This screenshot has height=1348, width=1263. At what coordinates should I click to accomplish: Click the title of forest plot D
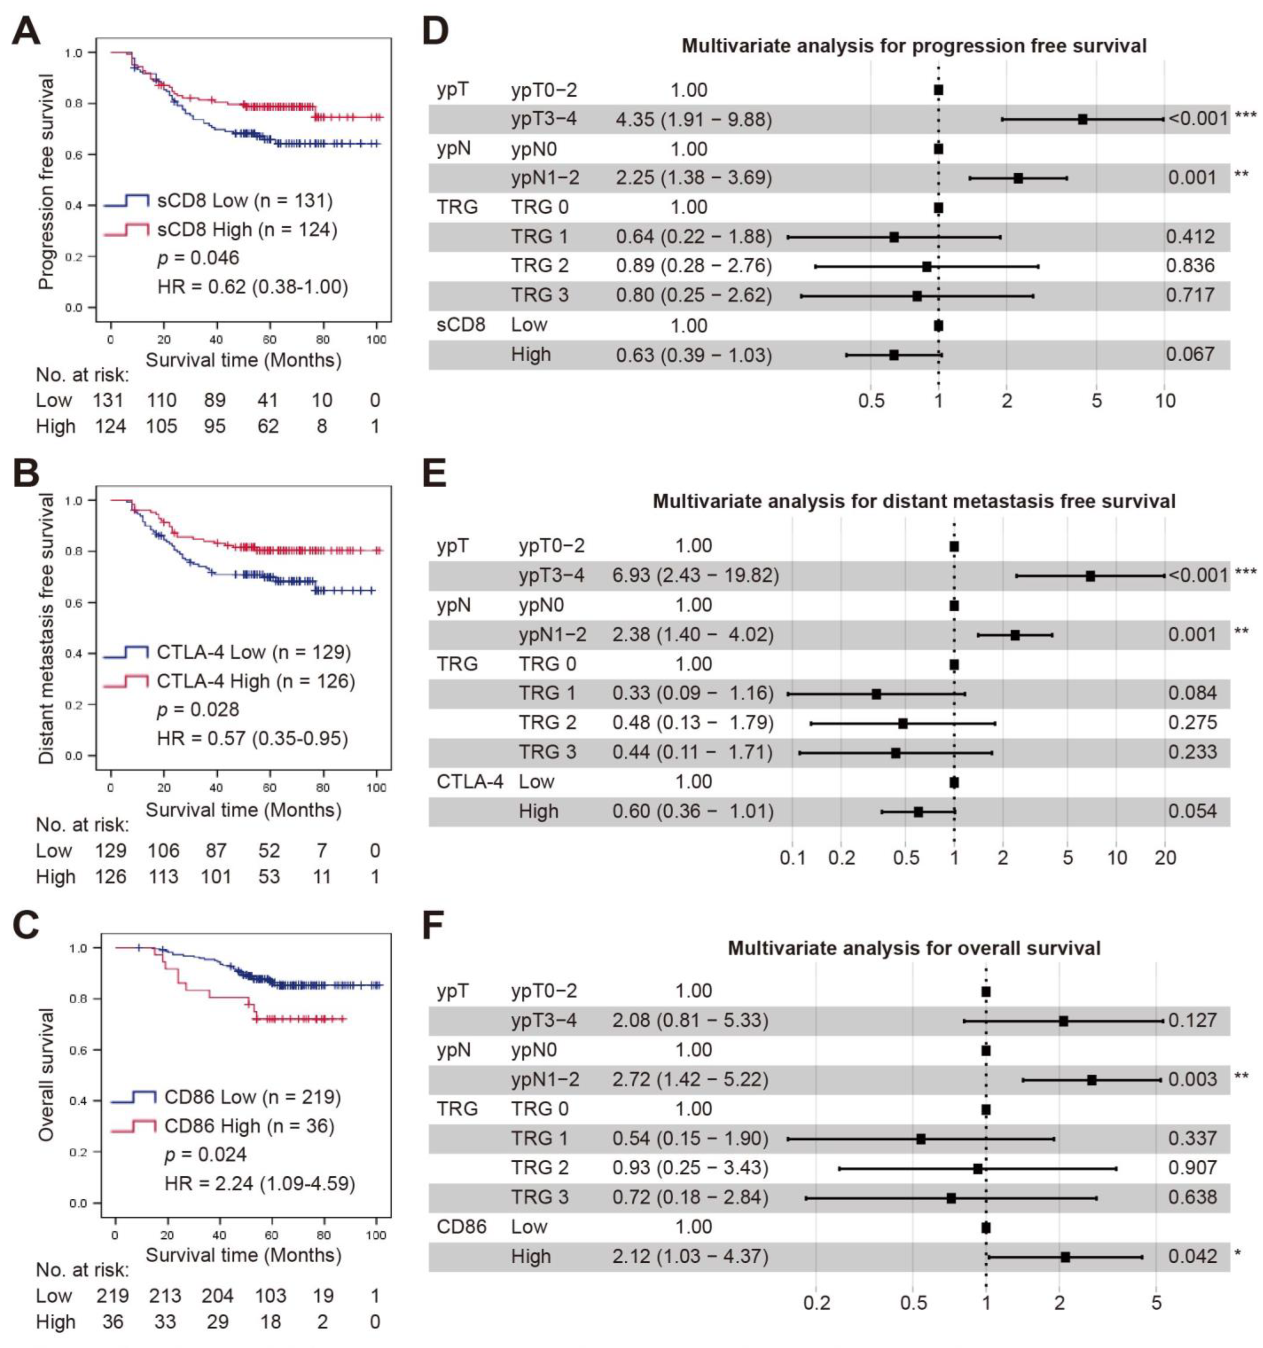(914, 46)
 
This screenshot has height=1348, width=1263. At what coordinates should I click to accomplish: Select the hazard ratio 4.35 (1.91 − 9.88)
(693, 119)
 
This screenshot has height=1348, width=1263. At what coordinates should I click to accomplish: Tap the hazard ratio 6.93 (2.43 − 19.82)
(695, 576)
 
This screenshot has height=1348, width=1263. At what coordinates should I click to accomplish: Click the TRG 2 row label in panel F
(540, 1168)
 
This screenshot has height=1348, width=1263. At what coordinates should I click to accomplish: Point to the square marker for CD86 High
(1065, 1256)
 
